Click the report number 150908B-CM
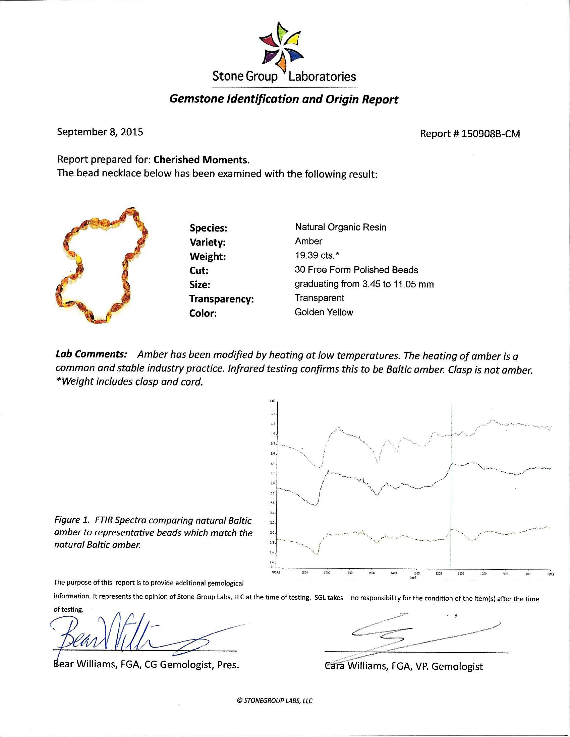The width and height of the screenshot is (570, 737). [470, 134]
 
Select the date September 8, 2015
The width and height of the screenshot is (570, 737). [100, 132]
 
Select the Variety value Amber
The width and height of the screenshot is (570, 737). [308, 241]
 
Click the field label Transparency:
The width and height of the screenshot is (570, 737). [221, 299]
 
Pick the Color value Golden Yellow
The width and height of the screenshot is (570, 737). [324, 312]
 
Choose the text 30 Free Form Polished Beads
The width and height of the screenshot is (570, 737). [356, 270]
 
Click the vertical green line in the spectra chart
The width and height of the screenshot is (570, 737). [451, 506]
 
